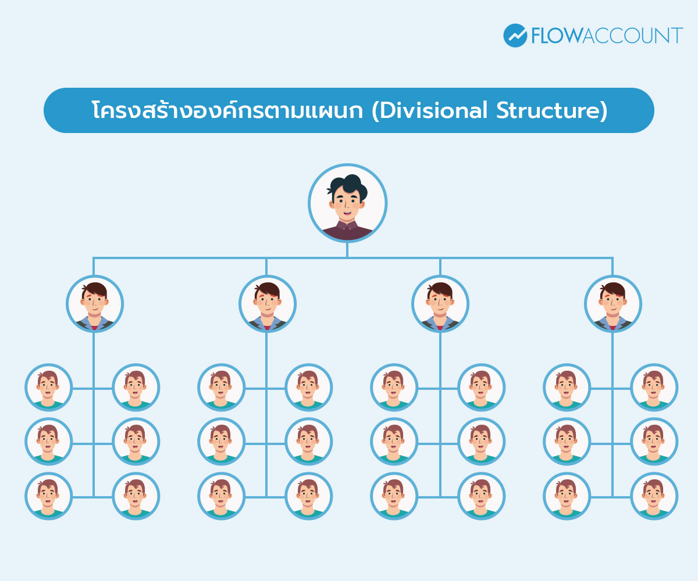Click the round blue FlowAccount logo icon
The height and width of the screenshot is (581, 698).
515,35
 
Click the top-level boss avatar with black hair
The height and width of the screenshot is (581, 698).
347,203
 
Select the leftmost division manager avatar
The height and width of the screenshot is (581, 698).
94,304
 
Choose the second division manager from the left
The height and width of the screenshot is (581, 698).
267,304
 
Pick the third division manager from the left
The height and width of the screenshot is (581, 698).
440,304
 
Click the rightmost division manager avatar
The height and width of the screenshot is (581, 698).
612,304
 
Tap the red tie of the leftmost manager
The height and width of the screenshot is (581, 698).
94,328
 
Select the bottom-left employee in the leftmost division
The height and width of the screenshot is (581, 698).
48,496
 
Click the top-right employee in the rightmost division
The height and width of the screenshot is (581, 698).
654,388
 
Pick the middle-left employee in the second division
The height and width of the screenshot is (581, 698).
221,442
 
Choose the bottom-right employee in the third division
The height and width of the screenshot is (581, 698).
481,496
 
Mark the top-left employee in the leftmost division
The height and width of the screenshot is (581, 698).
48,388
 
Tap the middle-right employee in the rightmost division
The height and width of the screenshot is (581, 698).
654,442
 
